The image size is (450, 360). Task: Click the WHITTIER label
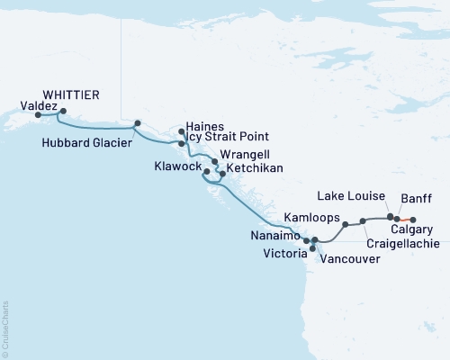[71, 94]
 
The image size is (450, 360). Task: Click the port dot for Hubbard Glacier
[137, 123]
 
